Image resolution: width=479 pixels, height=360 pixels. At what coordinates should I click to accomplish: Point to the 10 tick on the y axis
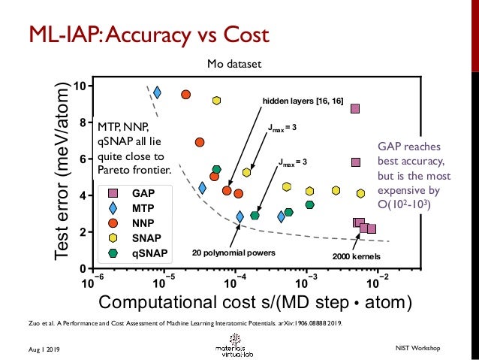[78, 85]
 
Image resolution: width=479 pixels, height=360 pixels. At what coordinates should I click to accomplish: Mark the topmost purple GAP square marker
[355, 108]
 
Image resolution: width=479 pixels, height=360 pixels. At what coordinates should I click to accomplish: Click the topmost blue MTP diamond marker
[157, 92]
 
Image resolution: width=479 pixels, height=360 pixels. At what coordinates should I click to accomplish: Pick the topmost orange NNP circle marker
[185, 95]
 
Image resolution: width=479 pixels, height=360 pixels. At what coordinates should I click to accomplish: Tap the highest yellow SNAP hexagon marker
[216, 101]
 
